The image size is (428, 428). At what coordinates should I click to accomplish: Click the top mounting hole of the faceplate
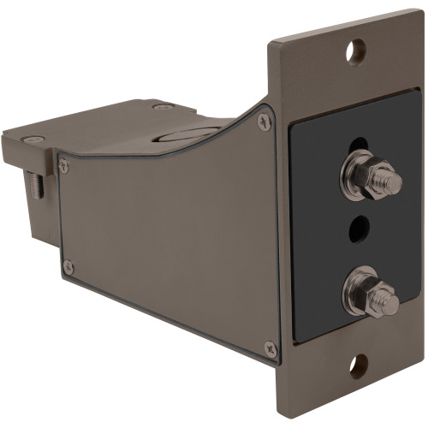click(x=355, y=51)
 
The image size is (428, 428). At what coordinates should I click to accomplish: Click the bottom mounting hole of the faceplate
click(x=357, y=366)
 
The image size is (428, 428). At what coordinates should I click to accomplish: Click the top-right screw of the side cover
click(x=265, y=122)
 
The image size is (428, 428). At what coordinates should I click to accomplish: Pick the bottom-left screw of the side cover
click(x=68, y=268)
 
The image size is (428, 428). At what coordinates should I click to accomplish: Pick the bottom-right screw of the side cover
click(x=270, y=348)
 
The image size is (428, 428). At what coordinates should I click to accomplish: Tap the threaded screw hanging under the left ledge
click(x=35, y=184)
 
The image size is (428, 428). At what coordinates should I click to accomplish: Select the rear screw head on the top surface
click(x=162, y=106)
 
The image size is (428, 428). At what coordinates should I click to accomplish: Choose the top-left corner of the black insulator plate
click(x=292, y=122)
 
